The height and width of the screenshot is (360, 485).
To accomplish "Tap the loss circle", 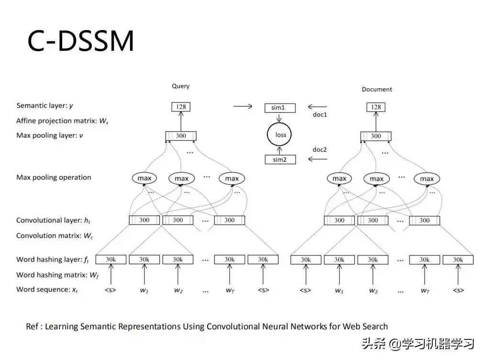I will [280, 135].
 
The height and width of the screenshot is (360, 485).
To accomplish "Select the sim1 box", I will [280, 108].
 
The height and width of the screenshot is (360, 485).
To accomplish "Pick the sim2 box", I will [280, 159].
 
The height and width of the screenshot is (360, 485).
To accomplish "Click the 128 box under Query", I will [181, 107].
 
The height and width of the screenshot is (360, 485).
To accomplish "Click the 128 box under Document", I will [376, 107].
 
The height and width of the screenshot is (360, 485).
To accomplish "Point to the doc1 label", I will [320, 115].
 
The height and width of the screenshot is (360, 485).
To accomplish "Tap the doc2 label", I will [320, 149].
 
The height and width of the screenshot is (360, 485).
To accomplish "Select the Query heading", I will [181, 86].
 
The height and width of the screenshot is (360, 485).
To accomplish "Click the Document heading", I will [376, 89].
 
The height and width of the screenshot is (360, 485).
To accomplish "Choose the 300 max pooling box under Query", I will [181, 136].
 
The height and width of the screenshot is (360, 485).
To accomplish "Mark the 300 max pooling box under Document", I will [376, 136].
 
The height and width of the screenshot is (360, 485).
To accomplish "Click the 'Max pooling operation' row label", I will [54, 177].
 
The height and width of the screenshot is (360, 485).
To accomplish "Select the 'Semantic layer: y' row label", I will [44, 105].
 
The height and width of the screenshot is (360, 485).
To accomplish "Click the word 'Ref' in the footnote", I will [32, 326].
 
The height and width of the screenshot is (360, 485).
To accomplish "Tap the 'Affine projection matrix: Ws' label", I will [62, 121].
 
